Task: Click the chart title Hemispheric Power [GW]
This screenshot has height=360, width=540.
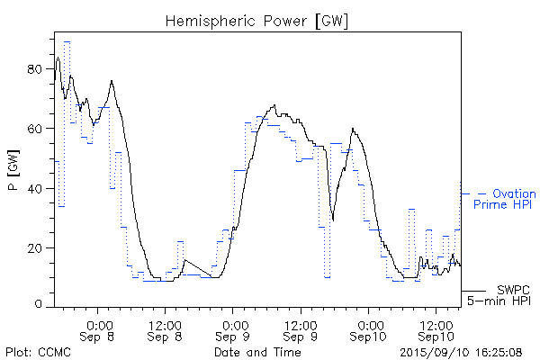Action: [x=257, y=20]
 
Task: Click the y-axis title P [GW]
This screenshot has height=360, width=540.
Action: [x=12, y=171]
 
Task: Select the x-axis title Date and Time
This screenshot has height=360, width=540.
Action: [x=257, y=352]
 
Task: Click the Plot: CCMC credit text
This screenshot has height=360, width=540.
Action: [x=37, y=352]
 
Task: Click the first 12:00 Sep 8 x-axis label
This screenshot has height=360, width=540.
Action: [x=166, y=330]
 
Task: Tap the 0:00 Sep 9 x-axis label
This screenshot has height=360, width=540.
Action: [x=234, y=330]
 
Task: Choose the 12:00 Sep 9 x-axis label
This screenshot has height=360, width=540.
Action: [x=301, y=330]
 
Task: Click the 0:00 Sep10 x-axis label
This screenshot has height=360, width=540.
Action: [x=369, y=330]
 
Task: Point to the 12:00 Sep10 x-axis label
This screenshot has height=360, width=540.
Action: [x=436, y=330]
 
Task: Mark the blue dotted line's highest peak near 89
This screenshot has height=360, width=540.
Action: [x=67, y=41]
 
